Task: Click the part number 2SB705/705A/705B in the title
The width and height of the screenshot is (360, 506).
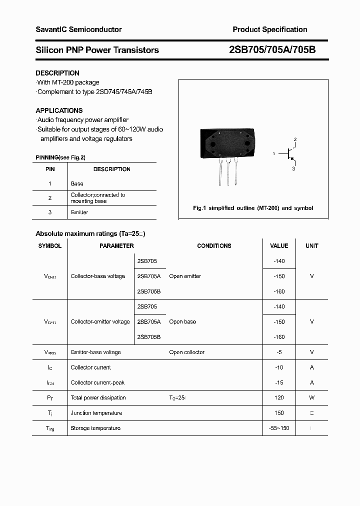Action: point(272,50)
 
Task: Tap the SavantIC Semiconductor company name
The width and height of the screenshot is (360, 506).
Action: point(78,29)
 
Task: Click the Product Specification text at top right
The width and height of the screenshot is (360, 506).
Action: point(269,29)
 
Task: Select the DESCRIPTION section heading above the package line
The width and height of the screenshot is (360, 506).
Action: point(57,73)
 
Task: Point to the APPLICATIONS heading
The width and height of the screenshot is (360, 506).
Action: point(59,110)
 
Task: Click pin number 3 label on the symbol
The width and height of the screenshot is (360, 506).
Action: point(293,169)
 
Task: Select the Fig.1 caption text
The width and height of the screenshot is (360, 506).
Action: point(253,208)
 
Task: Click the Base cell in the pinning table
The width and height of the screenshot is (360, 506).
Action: point(77,183)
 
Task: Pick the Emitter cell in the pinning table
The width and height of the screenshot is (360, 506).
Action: point(79,212)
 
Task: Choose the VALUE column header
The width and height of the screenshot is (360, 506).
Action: point(279,246)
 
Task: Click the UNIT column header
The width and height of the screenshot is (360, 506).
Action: point(312,246)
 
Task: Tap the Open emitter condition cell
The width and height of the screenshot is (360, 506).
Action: point(185,276)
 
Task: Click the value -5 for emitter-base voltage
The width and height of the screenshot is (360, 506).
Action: point(279,352)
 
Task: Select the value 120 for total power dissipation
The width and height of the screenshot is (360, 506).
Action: point(279,397)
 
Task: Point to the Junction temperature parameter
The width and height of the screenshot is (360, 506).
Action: point(96,413)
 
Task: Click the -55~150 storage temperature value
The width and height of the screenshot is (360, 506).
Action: point(279,428)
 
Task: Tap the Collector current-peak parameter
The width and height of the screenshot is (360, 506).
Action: point(97,382)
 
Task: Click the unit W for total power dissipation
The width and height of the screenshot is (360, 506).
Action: point(312,397)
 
